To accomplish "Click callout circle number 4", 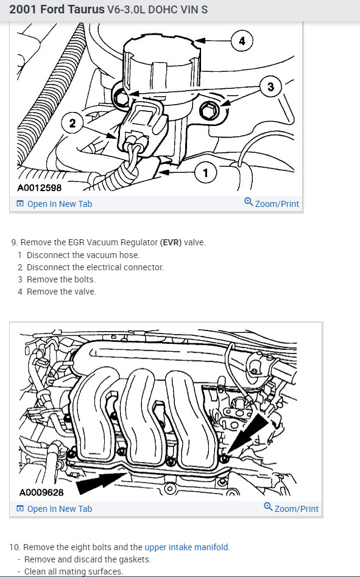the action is coord(241,41).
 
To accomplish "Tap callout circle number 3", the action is coord(270,87).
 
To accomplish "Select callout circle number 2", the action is coord(72,123).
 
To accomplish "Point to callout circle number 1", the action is coord(205,172).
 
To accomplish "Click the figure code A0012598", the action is coord(40,187).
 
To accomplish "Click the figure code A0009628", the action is coord(41,492).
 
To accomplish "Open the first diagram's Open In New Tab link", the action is coord(54,204).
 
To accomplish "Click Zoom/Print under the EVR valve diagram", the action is coord(272,203).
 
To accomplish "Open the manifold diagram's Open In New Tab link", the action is coord(54,509).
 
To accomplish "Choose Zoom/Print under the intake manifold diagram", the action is coord(291,508).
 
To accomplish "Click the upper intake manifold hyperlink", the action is coord(186,547).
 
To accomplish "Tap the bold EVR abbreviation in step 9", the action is coord(171,242).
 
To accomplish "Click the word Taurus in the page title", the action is coord(88,9).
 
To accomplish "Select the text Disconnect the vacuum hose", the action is coord(83,255).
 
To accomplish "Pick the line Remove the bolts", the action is coord(61,279).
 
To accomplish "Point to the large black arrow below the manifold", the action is coord(101,483).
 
